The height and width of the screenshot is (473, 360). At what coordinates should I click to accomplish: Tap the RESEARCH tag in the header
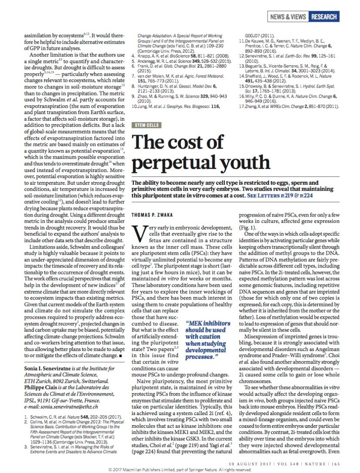(323, 17)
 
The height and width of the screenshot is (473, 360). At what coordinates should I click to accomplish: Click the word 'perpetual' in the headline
(175, 162)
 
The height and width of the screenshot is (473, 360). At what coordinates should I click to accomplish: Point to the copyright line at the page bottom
(180, 470)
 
